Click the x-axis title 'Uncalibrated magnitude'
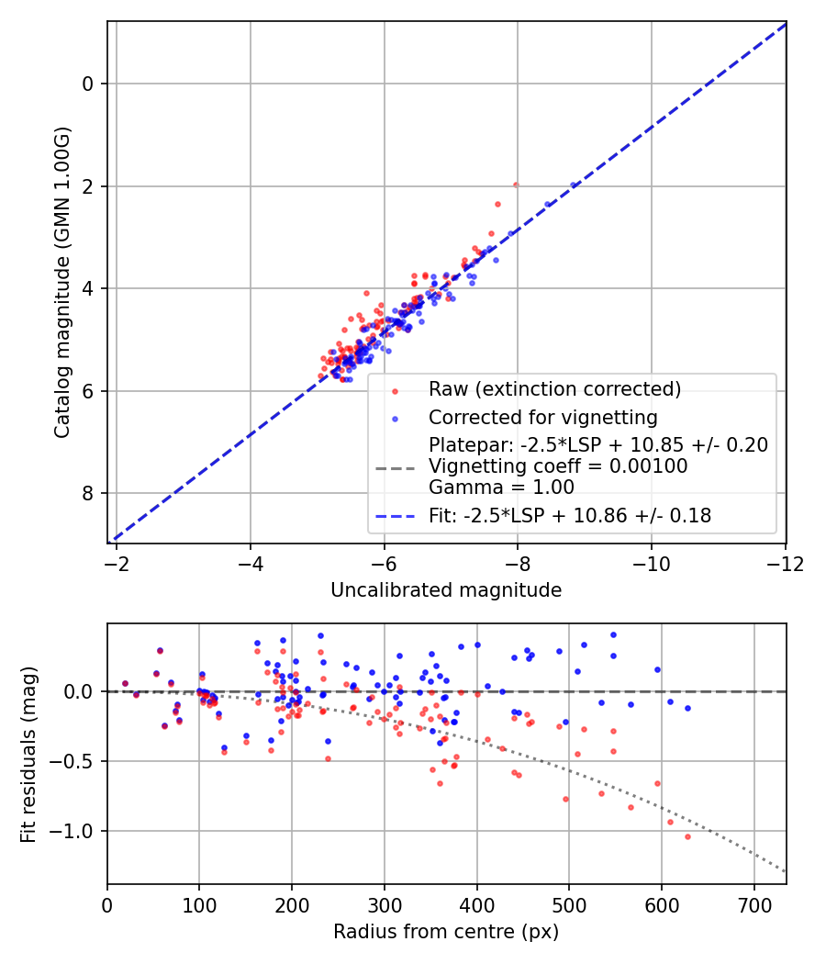(446, 590)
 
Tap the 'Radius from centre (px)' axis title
(446, 932)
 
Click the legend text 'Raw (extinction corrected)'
(554, 389)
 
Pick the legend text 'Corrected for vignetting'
(542, 418)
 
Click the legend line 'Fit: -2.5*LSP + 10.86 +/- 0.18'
(396, 516)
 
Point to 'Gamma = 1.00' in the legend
(501, 488)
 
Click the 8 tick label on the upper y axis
(88, 494)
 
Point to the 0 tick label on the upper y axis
(88, 84)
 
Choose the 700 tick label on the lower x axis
(753, 905)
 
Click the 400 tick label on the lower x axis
(476, 905)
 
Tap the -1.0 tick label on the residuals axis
(76, 832)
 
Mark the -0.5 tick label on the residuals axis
(76, 762)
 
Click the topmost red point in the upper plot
(516, 185)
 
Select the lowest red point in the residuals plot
(687, 836)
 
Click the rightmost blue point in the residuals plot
(687, 708)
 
